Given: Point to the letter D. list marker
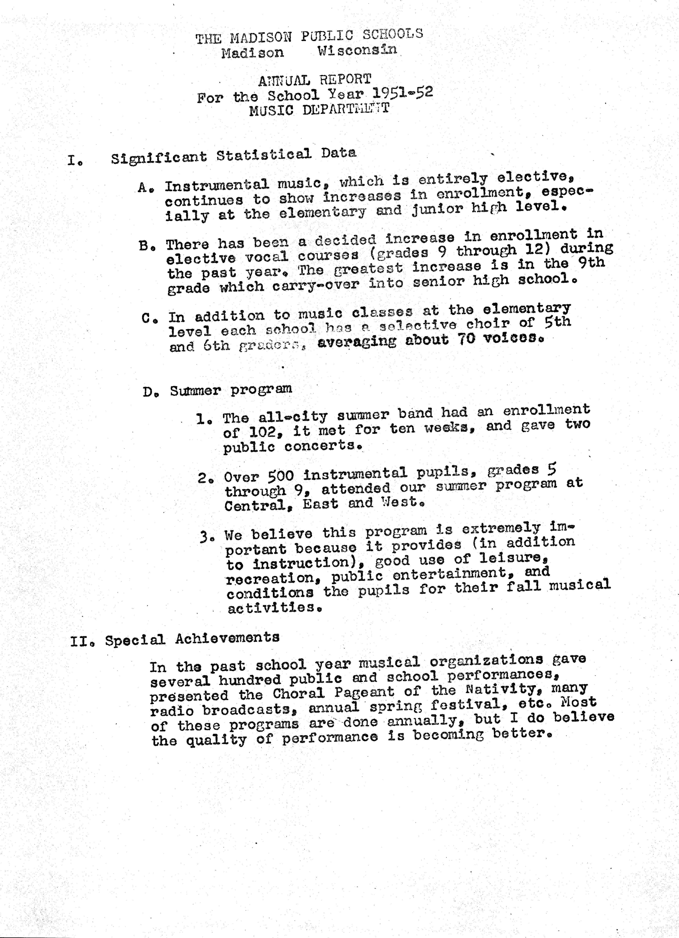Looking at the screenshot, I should [x=149, y=391].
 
